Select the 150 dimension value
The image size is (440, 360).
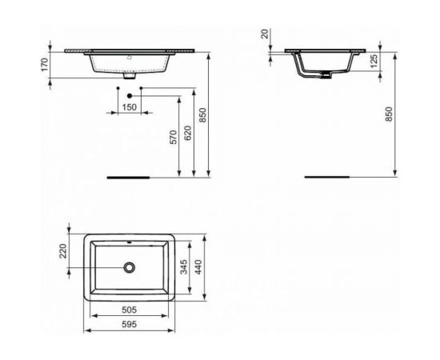click(x=129, y=106)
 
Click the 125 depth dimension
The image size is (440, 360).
click(x=374, y=62)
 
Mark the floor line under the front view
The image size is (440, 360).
click(x=128, y=175)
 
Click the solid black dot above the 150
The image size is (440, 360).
click(x=129, y=95)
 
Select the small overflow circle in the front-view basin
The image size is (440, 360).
click(x=130, y=58)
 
